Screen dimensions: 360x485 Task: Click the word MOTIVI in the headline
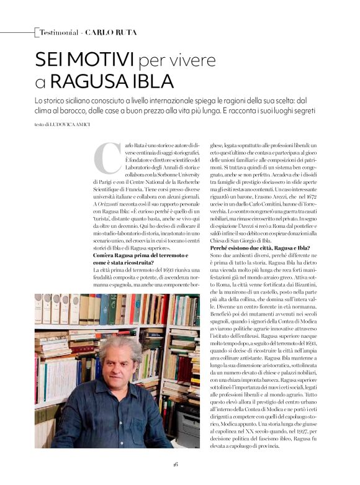tap(101, 60)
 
